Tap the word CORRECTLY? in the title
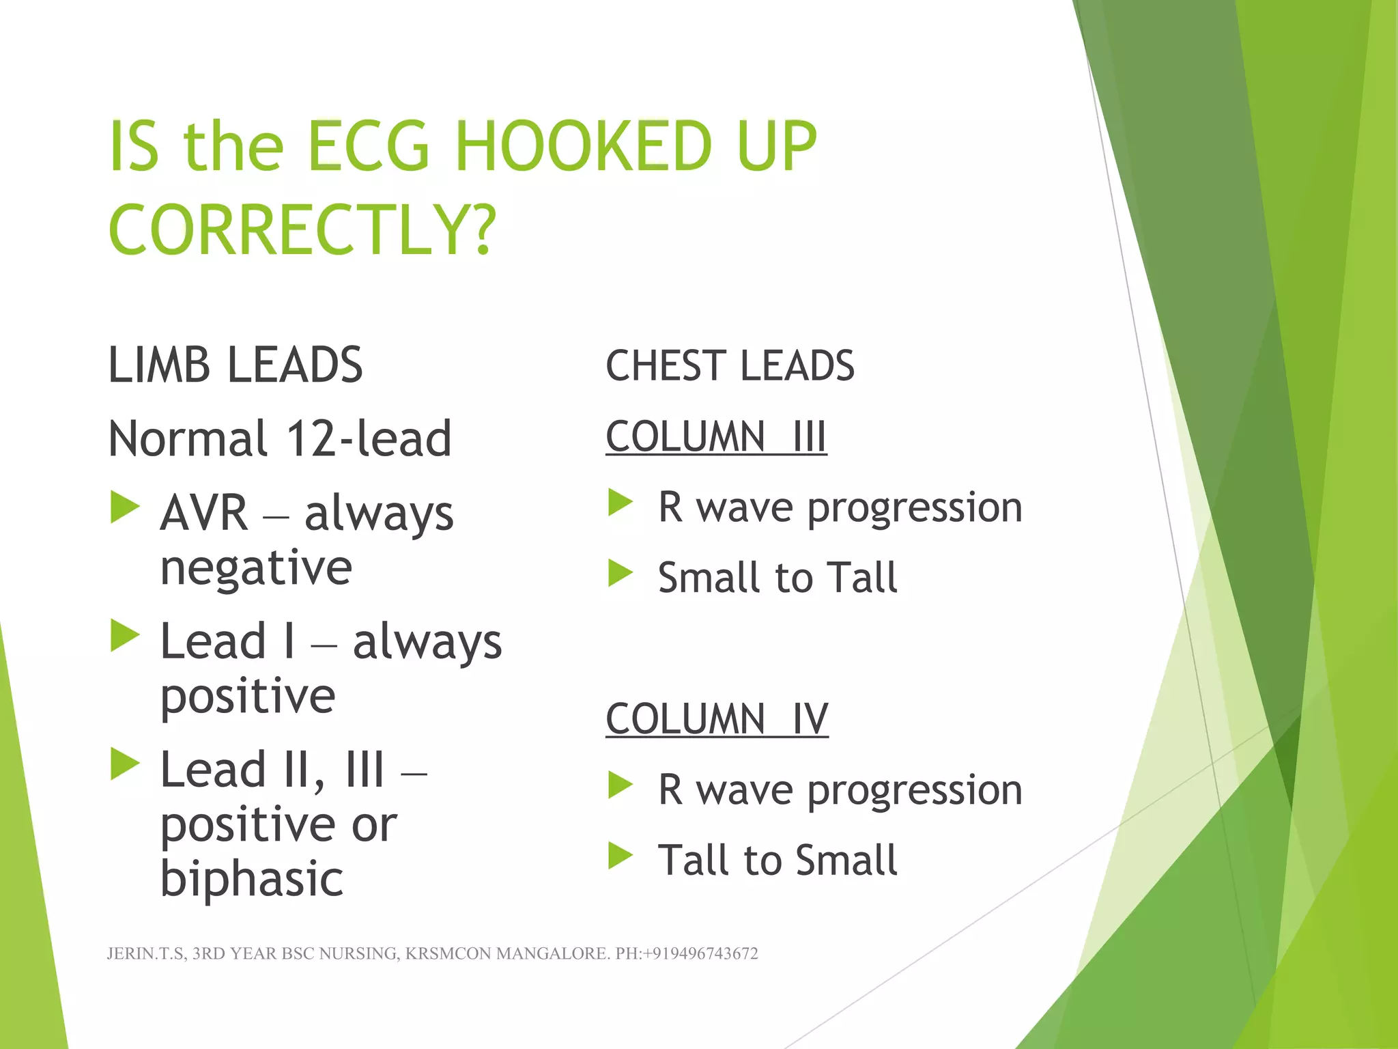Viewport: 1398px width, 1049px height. click(x=302, y=230)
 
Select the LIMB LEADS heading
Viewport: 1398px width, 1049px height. click(x=236, y=365)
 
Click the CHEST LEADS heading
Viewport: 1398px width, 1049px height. click(x=730, y=366)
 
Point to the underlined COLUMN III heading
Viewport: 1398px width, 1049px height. click(x=716, y=436)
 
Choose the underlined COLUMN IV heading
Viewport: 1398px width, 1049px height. click(x=717, y=719)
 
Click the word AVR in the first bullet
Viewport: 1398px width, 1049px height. click(x=203, y=513)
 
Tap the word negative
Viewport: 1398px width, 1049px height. click(x=256, y=568)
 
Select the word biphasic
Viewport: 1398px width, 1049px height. click(x=252, y=878)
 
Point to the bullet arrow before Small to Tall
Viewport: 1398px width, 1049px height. click(x=620, y=573)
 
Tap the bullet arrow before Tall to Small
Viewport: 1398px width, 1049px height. click(x=620, y=855)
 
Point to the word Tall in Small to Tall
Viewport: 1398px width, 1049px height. click(x=862, y=578)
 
